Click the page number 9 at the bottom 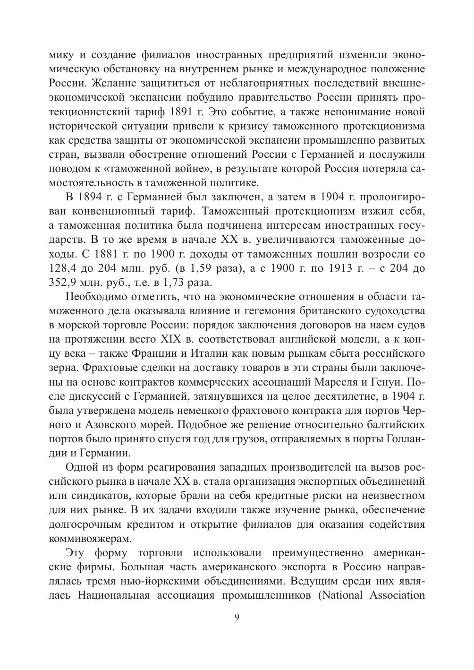tap(237, 618)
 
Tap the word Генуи tap(387, 381)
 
